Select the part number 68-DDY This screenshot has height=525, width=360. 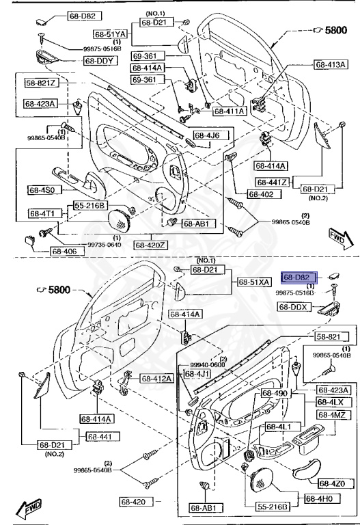[x=99, y=61]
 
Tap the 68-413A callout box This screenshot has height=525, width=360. [x=331, y=65]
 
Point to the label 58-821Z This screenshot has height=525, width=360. [x=42, y=83]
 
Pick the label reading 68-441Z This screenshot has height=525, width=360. [x=273, y=182]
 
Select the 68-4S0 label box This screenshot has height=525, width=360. [x=45, y=189]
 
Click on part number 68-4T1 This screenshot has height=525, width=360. [x=45, y=213]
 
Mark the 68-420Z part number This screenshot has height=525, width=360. [x=149, y=244]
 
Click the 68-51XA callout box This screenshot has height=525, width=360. [x=254, y=282]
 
